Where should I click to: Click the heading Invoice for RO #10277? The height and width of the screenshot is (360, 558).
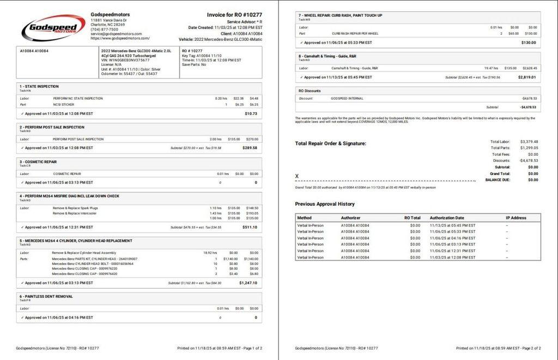234,15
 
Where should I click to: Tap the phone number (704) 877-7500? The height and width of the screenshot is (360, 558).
104,29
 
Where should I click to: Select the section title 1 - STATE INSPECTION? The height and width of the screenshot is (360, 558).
39,86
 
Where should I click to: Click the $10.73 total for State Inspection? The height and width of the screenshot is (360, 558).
251,114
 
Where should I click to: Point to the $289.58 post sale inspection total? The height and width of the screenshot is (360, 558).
250,148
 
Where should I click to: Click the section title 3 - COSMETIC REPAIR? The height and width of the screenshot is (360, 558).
38,162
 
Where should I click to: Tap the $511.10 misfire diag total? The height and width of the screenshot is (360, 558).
250,227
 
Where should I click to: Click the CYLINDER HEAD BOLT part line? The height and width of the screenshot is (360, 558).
92,264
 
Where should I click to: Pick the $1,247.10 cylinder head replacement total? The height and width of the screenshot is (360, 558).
248,283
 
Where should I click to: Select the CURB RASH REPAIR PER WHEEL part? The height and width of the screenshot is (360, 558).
355,34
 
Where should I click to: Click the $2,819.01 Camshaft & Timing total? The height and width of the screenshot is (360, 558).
526,77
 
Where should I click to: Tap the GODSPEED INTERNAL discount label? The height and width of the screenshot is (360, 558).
347,99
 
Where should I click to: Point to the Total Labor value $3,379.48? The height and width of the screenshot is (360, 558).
529,142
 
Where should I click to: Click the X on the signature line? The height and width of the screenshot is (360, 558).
297,176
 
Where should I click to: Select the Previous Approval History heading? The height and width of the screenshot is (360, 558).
324,204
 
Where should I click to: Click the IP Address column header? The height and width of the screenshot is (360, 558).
515,218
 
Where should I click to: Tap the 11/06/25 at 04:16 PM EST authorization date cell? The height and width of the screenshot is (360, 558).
452,238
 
